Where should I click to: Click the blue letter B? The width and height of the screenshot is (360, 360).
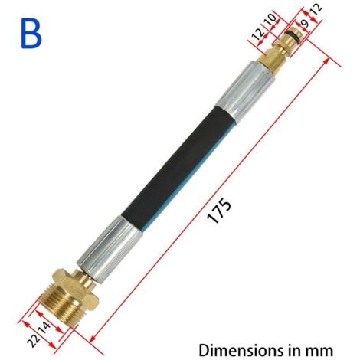pyautogui.click(x=31, y=34)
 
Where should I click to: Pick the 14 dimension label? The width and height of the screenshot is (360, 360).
pyautogui.click(x=44, y=330)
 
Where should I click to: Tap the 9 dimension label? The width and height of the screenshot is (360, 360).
pyautogui.click(x=305, y=24)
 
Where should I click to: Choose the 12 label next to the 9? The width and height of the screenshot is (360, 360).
pyautogui.click(x=317, y=9)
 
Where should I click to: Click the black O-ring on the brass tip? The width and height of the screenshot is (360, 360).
pyautogui.click(x=293, y=36)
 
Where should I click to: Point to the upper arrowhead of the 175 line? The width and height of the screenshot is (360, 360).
pyautogui.click(x=327, y=61)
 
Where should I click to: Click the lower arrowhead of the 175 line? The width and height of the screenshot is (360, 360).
pyautogui.click(x=93, y=339)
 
